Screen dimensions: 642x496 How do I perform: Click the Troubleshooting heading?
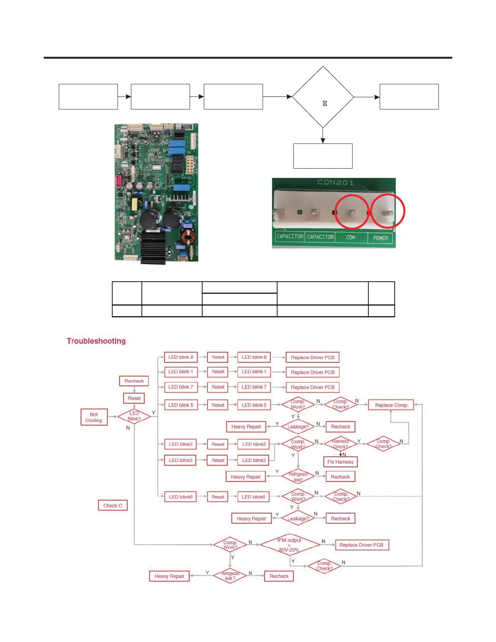pyautogui.click(x=96, y=341)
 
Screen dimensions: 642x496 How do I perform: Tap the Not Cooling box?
pyautogui.click(x=94, y=417)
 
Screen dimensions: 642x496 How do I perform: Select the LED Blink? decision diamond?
pyautogui.click(x=134, y=416)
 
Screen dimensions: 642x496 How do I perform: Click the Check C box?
pyautogui.click(x=113, y=505)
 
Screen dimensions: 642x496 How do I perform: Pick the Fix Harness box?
pyautogui.click(x=340, y=462)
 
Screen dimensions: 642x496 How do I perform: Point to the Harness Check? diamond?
pyautogui.click(x=340, y=444)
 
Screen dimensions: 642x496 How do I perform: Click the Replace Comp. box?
pyautogui.click(x=391, y=405)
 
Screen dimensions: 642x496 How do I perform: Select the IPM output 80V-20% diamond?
pyautogui.click(x=289, y=545)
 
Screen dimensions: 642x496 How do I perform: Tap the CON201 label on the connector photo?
pyautogui.click(x=335, y=182)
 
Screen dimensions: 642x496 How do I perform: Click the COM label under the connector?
pyautogui.click(x=351, y=238)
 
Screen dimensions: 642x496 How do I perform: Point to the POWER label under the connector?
pyautogui.click(x=381, y=238)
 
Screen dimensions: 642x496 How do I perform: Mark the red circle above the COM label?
pyautogui.click(x=352, y=212)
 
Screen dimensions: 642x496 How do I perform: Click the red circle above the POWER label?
pyautogui.click(x=388, y=211)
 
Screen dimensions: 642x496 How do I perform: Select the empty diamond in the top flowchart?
pyautogui.click(x=323, y=97)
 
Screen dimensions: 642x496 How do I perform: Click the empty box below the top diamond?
pyautogui.click(x=323, y=156)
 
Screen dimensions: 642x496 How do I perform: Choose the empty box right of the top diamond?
pyautogui.click(x=409, y=97)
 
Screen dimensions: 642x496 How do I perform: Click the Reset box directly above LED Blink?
pyautogui.click(x=134, y=398)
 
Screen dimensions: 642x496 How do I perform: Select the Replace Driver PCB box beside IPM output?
pyautogui.click(x=361, y=545)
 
